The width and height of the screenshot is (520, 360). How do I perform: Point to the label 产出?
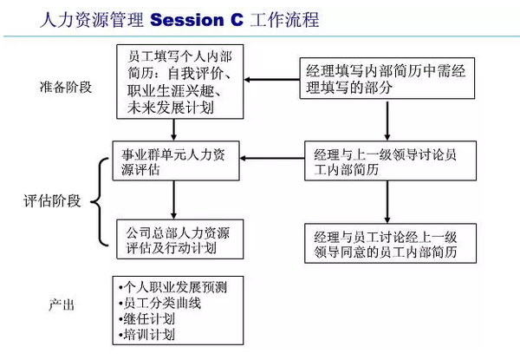click(62, 305)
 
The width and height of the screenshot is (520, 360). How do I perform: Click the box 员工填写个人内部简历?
click(177, 82)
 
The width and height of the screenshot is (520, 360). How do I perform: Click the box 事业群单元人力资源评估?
click(176, 160)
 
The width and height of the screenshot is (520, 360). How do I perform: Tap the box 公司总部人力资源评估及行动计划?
click(176, 239)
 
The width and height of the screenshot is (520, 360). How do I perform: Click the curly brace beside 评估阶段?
click(98, 201)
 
